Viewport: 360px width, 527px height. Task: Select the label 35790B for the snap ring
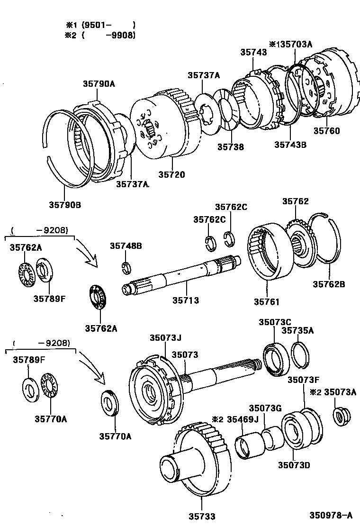[x=65, y=205]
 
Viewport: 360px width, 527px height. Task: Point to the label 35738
[x=231, y=147]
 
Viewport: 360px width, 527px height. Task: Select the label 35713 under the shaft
[x=185, y=300]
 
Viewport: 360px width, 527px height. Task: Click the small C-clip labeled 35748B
[x=126, y=267]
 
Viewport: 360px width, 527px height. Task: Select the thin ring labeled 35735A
[x=300, y=355]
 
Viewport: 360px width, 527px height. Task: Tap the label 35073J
[x=165, y=337]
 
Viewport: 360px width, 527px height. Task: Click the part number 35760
[x=326, y=131]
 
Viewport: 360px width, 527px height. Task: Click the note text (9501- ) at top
[x=108, y=25]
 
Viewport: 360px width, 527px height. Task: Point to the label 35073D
[x=294, y=465]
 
